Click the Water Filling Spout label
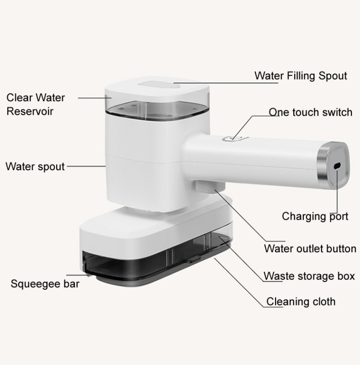point(300,76)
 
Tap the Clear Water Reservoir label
point(36,104)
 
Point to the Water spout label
point(35,167)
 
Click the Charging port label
point(315,216)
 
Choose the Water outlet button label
point(310,248)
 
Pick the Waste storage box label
point(309,276)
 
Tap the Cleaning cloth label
point(301,302)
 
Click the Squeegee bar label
point(45,283)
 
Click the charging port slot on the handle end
point(337,165)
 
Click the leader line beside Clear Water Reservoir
point(94,97)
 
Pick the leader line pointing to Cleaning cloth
point(240,283)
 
